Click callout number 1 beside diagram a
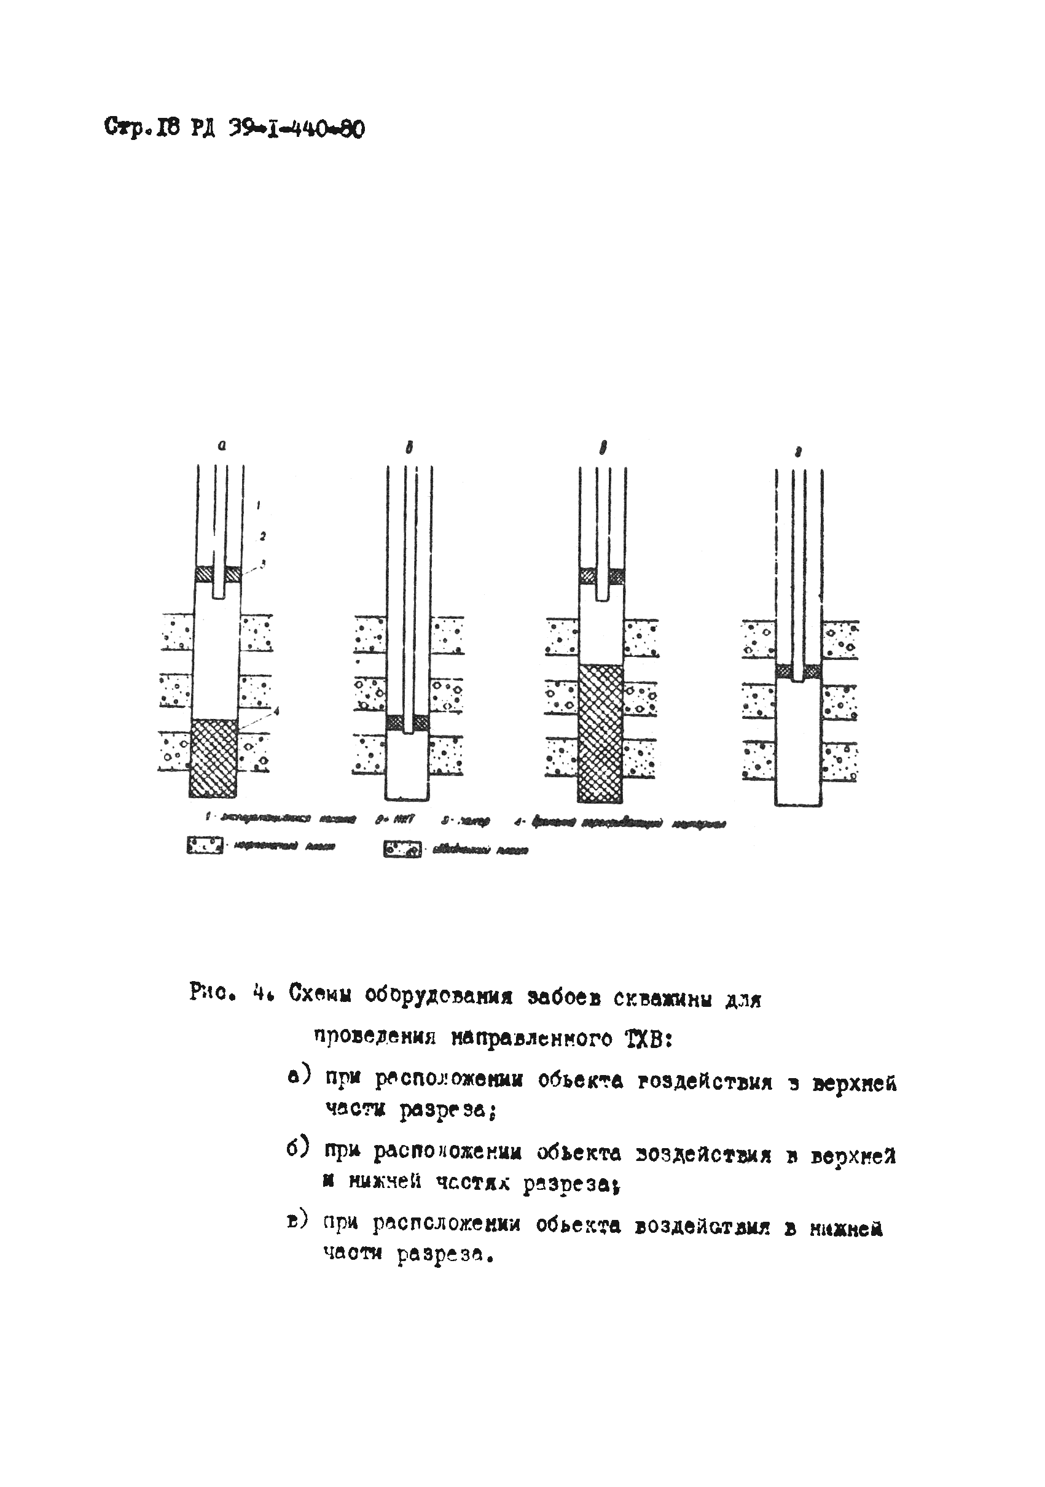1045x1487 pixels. point(258,503)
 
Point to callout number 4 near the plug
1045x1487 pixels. point(276,712)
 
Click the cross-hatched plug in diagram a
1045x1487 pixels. point(213,757)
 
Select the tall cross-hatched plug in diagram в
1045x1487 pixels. point(601,733)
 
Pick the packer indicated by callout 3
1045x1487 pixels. point(205,575)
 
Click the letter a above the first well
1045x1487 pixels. point(222,446)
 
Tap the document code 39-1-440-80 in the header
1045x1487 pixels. point(296,130)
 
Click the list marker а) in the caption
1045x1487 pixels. point(299,1076)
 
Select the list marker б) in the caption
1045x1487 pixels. point(299,1147)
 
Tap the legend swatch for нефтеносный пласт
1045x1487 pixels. point(204,846)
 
